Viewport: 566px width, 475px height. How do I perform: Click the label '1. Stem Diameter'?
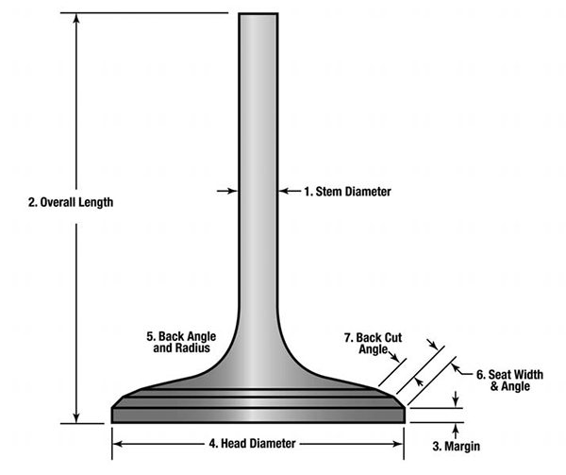[346, 192]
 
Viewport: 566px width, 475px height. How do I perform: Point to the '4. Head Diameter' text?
[252, 442]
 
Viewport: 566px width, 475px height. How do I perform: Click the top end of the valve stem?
[258, 15]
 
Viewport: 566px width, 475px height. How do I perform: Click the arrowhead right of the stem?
[283, 192]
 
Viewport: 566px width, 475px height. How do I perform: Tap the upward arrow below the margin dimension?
[456, 428]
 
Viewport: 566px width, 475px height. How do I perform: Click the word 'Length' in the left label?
[94, 201]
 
